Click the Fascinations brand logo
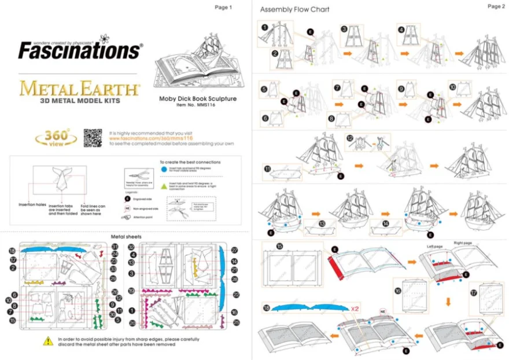[x=79, y=50]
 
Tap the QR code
[x=93, y=137]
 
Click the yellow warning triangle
[x=48, y=341]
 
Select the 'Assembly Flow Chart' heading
[x=294, y=10]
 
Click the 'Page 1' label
[x=223, y=8]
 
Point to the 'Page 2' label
[x=496, y=6]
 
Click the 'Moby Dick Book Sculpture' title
[x=198, y=98]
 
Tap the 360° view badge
[x=56, y=138]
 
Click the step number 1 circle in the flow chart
[x=265, y=27]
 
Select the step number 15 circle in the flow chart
[x=280, y=246]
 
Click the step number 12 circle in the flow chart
[x=350, y=138]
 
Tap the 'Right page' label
[x=463, y=243]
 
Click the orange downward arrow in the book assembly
[x=448, y=300]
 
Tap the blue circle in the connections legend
[x=163, y=168]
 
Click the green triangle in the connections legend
[x=163, y=186]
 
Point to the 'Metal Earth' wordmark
[x=79, y=90]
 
